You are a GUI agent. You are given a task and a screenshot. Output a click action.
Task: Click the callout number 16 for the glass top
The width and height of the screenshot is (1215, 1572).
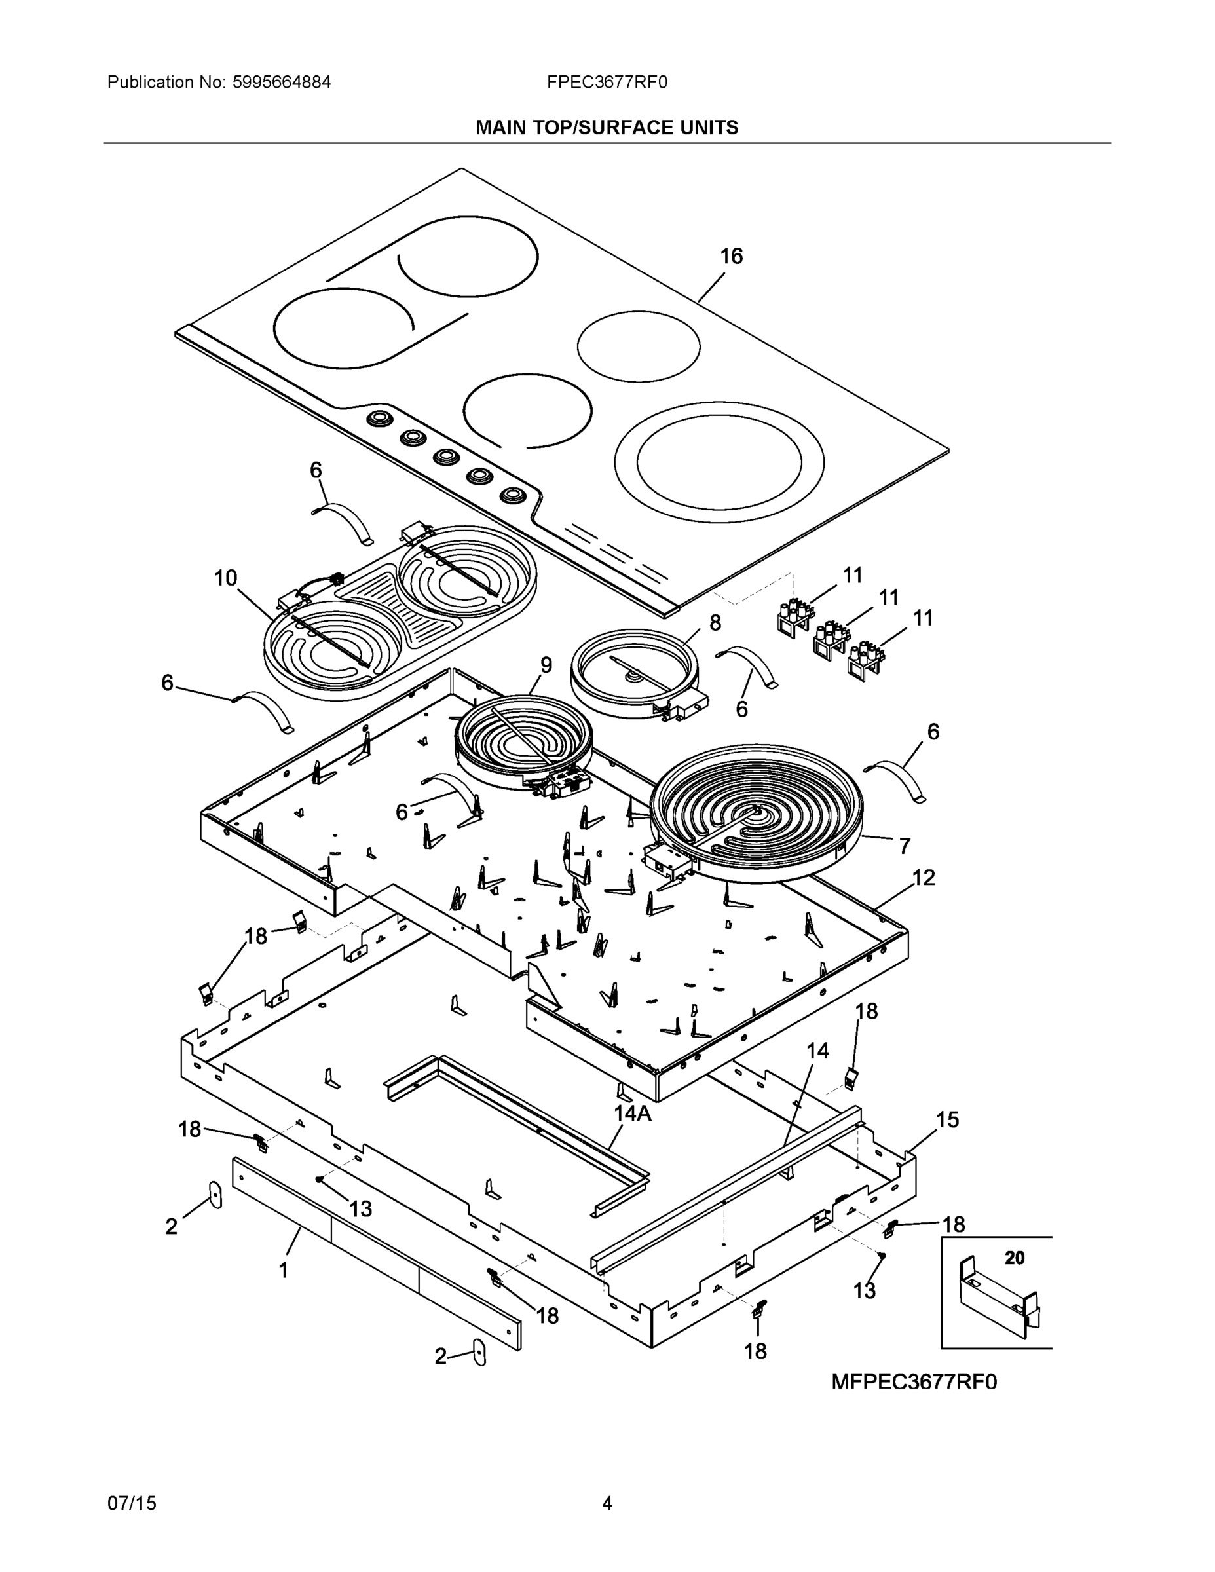click(732, 256)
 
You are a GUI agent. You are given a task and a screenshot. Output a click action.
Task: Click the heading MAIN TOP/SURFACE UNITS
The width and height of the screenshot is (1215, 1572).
click(606, 128)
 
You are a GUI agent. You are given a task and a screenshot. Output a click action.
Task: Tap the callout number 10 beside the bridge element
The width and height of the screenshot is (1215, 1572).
click(225, 578)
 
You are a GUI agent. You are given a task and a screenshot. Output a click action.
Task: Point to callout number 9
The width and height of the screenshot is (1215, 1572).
click(546, 665)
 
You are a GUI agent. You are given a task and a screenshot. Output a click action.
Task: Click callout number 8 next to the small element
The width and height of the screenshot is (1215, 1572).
click(715, 623)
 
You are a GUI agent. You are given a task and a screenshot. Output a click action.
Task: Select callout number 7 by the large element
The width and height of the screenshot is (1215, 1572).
click(905, 846)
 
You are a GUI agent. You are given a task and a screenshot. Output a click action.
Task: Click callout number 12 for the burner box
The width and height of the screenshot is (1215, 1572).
click(924, 878)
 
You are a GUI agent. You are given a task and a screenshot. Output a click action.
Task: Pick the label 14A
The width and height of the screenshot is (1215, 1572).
click(632, 1113)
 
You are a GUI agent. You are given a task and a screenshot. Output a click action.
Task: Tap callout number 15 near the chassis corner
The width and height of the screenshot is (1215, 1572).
click(947, 1119)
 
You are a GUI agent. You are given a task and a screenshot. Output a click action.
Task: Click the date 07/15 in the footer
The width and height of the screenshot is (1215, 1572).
click(132, 1504)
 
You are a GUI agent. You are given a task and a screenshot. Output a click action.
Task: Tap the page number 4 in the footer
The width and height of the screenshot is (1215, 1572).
click(607, 1504)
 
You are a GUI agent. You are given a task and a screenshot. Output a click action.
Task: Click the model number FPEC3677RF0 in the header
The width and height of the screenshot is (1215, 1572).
click(607, 82)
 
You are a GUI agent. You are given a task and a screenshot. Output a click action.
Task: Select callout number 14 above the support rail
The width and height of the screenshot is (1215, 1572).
click(817, 1051)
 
